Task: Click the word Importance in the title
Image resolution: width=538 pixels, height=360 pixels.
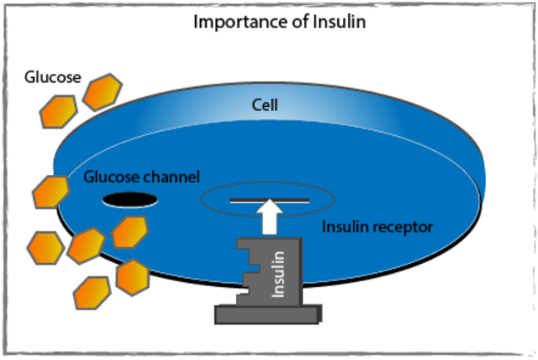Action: (x=232, y=22)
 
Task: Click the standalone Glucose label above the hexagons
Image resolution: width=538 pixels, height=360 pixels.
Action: (x=52, y=78)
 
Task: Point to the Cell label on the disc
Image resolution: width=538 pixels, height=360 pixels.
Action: (x=266, y=105)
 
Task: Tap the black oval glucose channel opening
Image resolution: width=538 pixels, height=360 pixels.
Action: (x=130, y=199)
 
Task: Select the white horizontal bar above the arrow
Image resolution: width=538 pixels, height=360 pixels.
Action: (x=267, y=201)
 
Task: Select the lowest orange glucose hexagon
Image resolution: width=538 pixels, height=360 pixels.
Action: (x=91, y=291)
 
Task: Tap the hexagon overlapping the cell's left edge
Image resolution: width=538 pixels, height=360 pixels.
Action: (x=51, y=191)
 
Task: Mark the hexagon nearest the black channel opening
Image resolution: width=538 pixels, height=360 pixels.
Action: (x=130, y=231)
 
